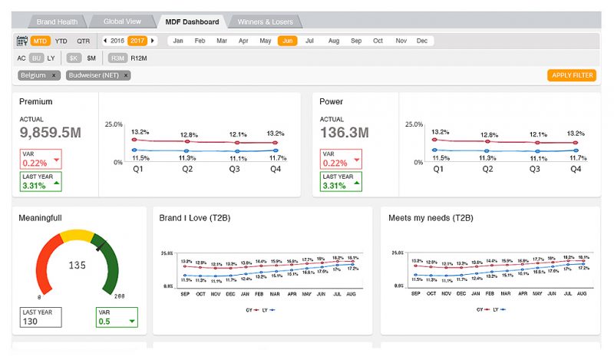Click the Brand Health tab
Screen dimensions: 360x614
[x=57, y=21]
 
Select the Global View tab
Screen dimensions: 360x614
[x=123, y=21]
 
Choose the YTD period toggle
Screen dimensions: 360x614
[x=61, y=41]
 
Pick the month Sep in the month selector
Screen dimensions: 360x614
[x=356, y=41]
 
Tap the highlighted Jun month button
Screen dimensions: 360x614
[x=287, y=41]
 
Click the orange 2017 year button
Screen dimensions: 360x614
[x=137, y=41]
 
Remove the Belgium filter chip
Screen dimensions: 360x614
[x=54, y=75]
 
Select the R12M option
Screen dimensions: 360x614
[x=139, y=58]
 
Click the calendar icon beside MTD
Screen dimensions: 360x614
[x=21, y=41]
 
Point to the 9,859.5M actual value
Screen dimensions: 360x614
[x=51, y=133]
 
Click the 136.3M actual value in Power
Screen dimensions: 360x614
[x=344, y=133]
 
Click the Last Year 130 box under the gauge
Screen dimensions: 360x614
[x=40, y=317]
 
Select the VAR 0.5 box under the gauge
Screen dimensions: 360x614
[x=117, y=317]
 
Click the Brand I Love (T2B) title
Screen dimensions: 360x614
[x=195, y=218]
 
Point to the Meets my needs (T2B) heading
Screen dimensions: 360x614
[x=431, y=218]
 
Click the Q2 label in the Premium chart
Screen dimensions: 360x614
[x=187, y=169]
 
